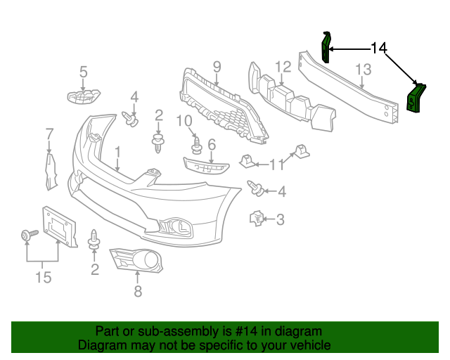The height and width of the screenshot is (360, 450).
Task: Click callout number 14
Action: (x=378, y=48)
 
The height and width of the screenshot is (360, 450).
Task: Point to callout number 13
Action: (x=363, y=70)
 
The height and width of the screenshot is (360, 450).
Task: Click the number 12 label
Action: (x=283, y=67)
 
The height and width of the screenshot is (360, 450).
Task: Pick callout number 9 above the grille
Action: (x=217, y=67)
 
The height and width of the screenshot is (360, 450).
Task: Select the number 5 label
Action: (x=83, y=71)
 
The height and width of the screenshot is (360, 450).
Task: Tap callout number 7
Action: (x=49, y=133)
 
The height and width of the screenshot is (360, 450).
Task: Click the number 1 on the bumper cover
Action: (x=117, y=151)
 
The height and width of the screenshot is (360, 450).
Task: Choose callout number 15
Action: (x=43, y=278)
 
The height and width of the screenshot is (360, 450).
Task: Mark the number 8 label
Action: (x=138, y=290)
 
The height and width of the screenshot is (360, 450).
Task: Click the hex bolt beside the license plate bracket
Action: (x=28, y=236)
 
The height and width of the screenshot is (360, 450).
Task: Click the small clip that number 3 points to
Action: (x=257, y=219)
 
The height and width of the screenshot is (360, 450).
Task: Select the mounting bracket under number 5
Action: (x=84, y=96)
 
